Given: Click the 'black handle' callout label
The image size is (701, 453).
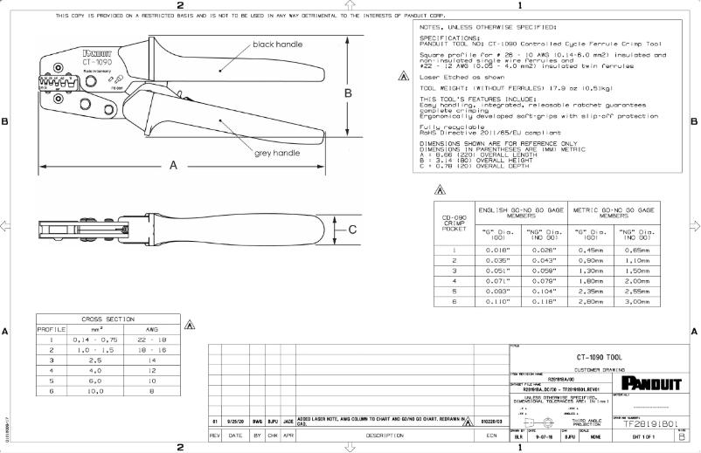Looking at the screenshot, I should pyautogui.click(x=278, y=44).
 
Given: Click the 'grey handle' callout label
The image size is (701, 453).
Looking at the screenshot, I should pyautogui.click(x=276, y=154).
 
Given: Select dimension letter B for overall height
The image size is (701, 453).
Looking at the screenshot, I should pyautogui.click(x=347, y=93).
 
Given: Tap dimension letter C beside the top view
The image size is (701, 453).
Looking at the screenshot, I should pyautogui.click(x=352, y=230).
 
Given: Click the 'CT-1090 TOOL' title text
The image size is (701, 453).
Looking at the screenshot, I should pyautogui.click(x=599, y=358).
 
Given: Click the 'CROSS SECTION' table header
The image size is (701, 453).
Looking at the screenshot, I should pyautogui.click(x=103, y=319).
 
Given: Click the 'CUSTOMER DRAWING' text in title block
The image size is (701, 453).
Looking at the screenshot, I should pyautogui.click(x=599, y=370).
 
